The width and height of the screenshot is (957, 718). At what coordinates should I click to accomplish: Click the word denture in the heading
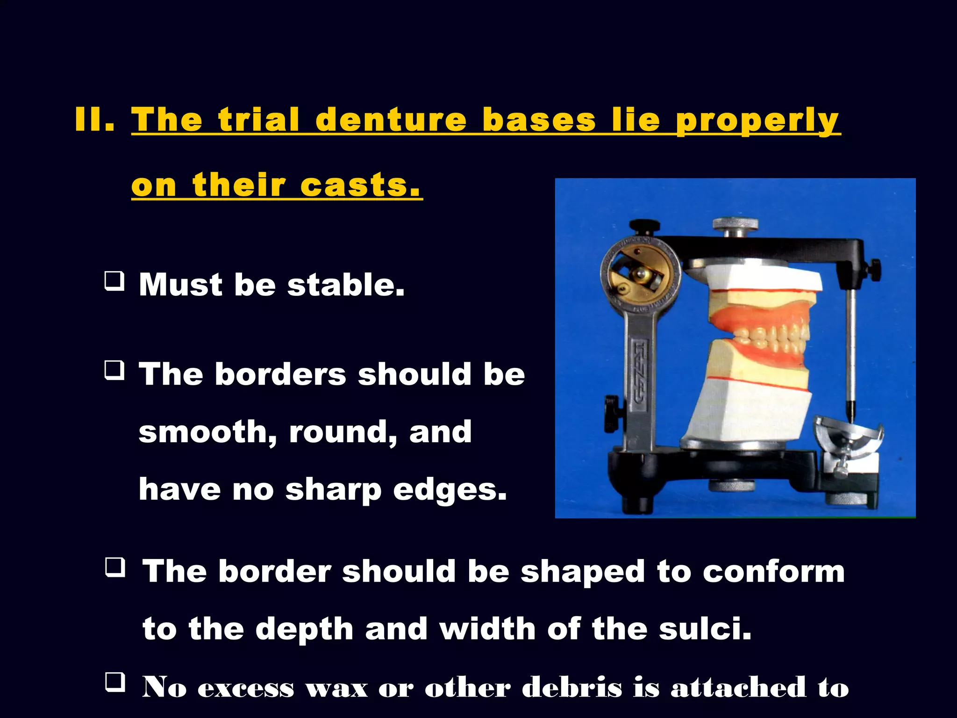point(391,120)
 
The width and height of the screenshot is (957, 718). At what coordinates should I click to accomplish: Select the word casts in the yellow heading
point(360,185)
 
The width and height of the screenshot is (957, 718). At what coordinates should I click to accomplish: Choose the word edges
point(450,490)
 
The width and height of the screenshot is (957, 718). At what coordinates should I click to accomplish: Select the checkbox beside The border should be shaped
point(115,567)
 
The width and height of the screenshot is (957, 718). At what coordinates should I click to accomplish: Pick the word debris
point(572,687)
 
